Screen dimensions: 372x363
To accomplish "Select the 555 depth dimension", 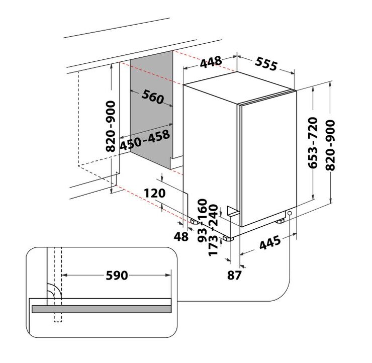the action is tap(266, 63).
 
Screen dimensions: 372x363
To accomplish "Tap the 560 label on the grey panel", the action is tap(153, 97).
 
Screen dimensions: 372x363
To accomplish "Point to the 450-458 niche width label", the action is tap(145, 140).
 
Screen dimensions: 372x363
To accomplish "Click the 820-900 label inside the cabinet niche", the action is tap(111, 126).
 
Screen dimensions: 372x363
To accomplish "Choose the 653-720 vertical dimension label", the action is tap(313, 143).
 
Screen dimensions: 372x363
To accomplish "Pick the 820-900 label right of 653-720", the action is tap(330, 145).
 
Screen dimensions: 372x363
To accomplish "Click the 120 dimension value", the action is tap(155, 193).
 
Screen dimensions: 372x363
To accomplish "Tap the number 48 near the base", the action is tap(181, 236).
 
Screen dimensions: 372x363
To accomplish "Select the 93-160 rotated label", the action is tap(203, 220).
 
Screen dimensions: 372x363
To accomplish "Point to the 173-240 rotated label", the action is tap(213, 230).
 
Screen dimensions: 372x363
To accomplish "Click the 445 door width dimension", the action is tap(270, 242).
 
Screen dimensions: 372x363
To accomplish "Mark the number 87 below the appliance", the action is tap(234, 276).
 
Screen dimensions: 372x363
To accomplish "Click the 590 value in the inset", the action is tap(117, 276).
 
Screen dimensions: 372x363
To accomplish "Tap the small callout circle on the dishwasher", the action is tap(290, 213).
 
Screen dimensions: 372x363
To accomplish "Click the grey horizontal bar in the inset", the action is tap(102, 309).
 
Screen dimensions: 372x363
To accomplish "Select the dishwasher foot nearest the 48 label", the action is tap(195, 222).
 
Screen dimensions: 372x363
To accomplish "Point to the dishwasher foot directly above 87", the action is tap(228, 238).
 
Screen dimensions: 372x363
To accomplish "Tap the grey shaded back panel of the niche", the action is tap(151, 110).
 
